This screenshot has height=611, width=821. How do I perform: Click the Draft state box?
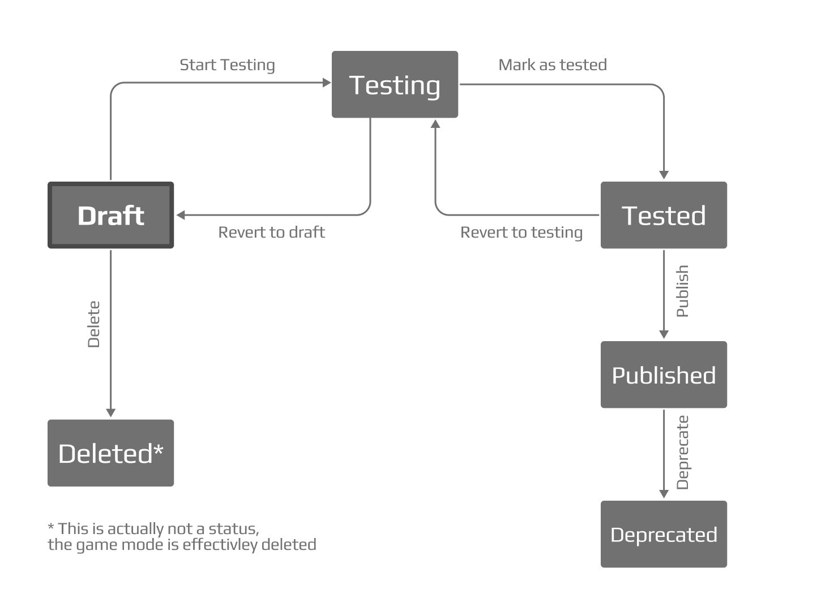111,216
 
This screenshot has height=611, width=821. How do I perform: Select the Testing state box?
395,85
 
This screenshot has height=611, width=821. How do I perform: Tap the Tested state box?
664,216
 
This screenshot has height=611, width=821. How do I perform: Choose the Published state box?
664,375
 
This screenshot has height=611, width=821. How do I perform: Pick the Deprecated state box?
664,535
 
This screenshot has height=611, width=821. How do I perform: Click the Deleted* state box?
111,453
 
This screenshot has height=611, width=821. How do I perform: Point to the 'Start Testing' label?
227,65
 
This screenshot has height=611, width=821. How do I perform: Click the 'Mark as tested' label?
552,65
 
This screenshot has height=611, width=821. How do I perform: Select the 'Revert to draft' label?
272,233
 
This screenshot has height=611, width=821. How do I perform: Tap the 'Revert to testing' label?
521,233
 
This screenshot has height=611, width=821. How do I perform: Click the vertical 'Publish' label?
682,291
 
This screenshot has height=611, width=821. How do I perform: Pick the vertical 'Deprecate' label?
682,452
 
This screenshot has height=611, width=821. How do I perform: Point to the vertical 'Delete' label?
94,324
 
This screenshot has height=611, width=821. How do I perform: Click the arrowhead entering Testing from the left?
327,83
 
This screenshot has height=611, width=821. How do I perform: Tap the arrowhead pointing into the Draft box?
181,215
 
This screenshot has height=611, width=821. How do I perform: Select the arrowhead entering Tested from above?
664,175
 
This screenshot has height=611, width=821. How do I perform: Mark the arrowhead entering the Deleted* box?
111,413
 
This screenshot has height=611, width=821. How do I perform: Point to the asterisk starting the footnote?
51,528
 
